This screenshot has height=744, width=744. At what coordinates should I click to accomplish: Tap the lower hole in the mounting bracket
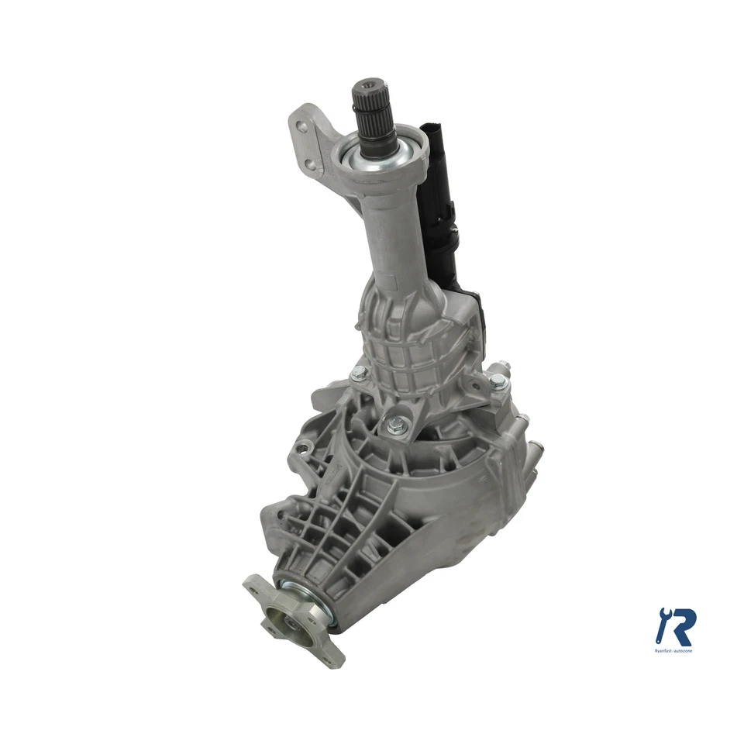click(x=310, y=164)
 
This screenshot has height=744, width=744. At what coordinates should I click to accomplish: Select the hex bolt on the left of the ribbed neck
click(x=358, y=374)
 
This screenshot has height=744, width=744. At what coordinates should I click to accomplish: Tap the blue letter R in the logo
click(x=682, y=626)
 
